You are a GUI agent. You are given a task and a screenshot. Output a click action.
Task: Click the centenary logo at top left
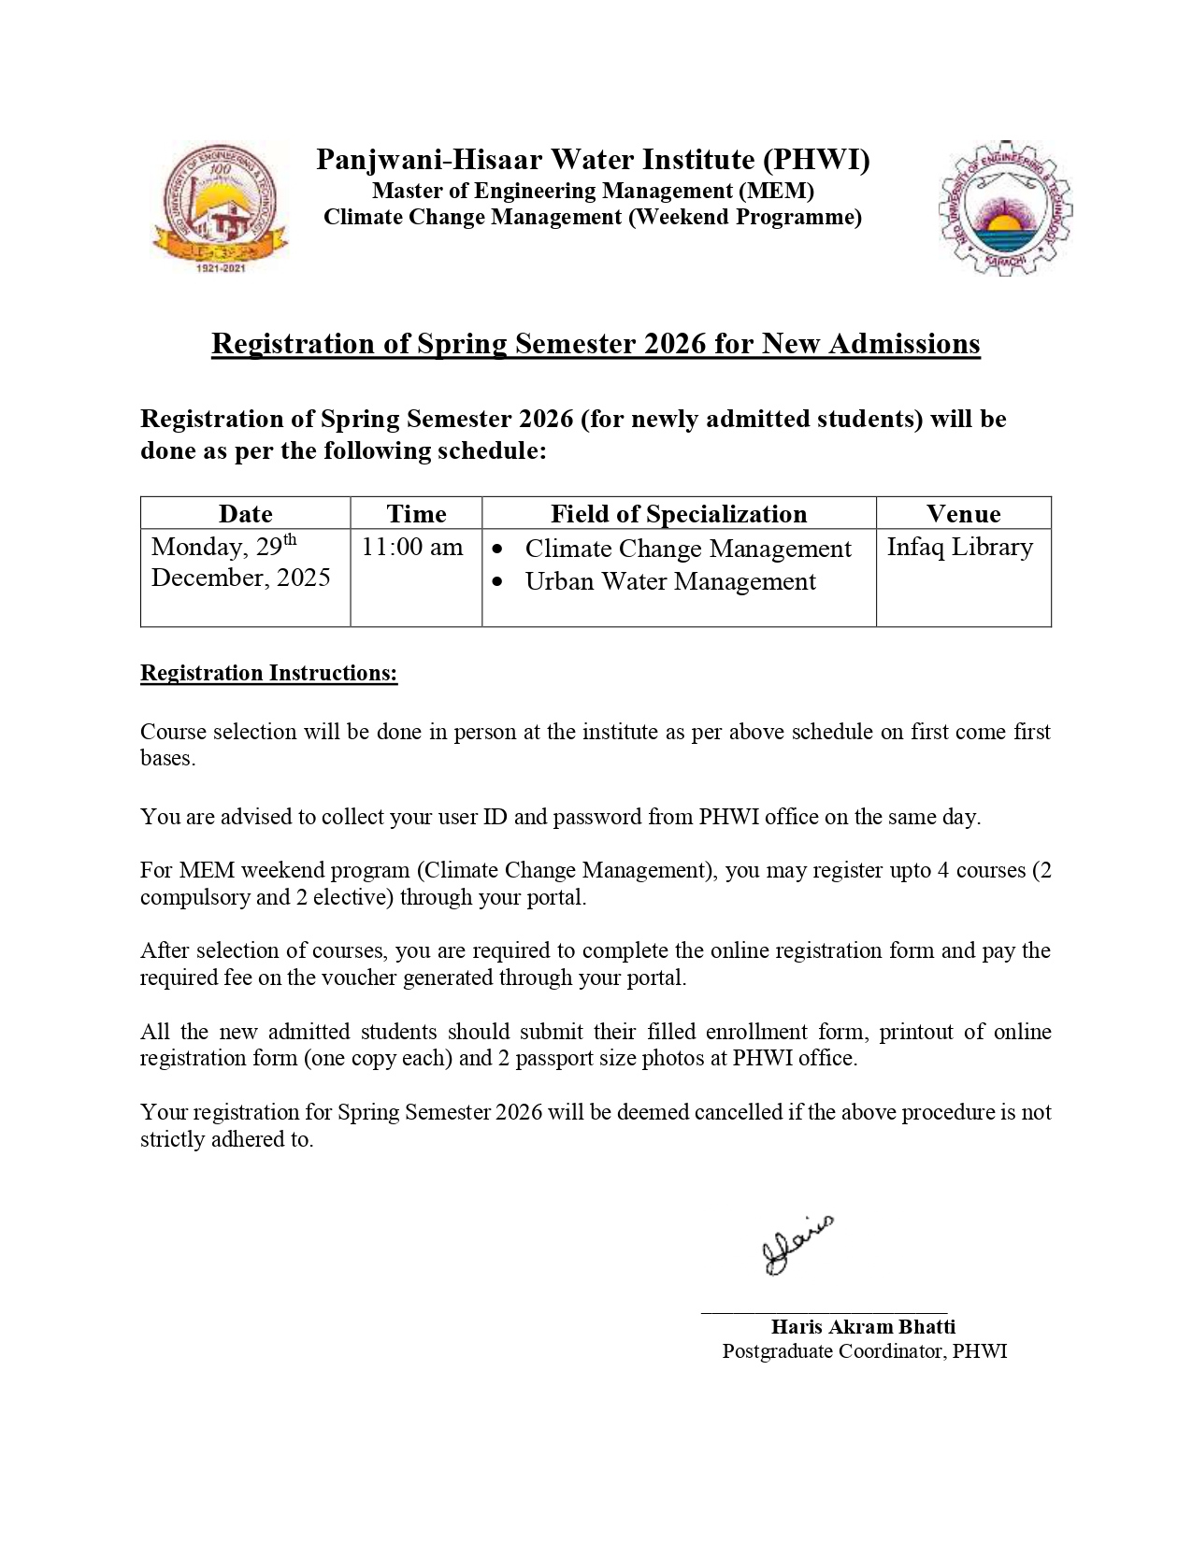click(x=221, y=207)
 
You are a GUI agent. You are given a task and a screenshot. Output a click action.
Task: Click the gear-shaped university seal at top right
click(x=1004, y=207)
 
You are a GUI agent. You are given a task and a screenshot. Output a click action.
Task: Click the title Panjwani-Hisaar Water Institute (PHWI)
click(x=593, y=160)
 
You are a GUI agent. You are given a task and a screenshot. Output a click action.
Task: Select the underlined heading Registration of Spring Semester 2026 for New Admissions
click(x=596, y=344)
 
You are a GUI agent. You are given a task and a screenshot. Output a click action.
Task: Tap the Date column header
click(x=245, y=514)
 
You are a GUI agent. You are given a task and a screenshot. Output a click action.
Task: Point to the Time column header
click(x=416, y=514)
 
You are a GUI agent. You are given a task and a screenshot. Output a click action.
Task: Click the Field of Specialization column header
click(x=678, y=514)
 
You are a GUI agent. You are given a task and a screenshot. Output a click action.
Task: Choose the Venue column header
click(x=963, y=514)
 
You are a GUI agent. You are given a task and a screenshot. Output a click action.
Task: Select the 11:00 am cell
click(x=412, y=547)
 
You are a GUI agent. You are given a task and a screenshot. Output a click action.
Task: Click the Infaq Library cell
click(x=959, y=547)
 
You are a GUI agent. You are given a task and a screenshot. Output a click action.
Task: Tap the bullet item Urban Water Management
click(x=670, y=581)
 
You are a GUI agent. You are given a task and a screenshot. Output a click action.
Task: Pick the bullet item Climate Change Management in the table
click(x=688, y=549)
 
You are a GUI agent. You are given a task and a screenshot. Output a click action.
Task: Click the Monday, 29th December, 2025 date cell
click(x=241, y=562)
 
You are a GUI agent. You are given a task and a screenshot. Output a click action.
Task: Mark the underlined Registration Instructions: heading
click(x=269, y=673)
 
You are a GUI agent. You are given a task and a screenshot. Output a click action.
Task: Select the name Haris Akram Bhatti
click(x=863, y=1326)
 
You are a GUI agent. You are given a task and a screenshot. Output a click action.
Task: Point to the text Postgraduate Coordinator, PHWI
click(x=865, y=1350)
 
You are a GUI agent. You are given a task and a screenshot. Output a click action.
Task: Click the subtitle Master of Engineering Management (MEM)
click(x=593, y=191)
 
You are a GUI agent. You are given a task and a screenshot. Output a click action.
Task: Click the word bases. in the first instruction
click(x=168, y=758)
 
